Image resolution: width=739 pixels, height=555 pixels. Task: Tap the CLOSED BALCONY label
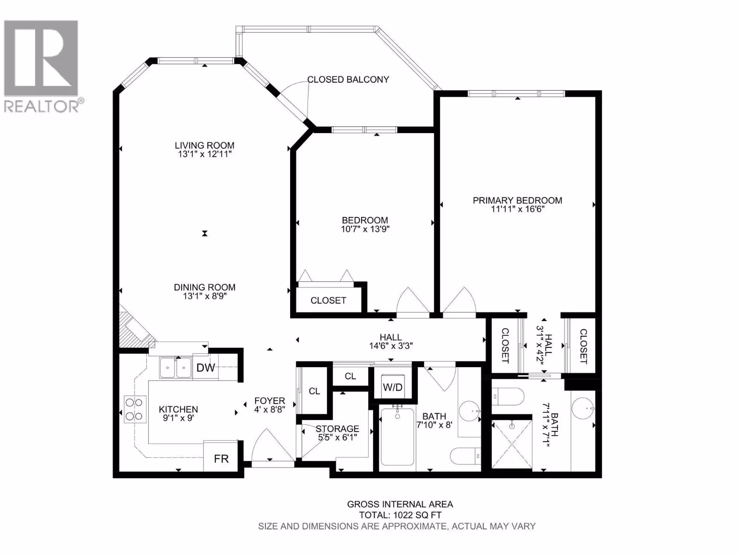point(348,80)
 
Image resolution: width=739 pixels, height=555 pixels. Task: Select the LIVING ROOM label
point(204,145)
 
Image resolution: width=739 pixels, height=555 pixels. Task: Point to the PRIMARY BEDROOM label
point(517,200)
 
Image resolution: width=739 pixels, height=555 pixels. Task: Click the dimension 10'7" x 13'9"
point(365,229)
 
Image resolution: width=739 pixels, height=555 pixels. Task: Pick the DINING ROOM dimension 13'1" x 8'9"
point(205,296)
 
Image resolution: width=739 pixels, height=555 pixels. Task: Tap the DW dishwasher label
point(206,368)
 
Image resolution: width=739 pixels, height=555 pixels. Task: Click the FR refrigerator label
point(221,459)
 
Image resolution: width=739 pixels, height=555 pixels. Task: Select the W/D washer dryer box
point(393,387)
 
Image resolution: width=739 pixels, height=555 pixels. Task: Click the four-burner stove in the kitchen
point(135,409)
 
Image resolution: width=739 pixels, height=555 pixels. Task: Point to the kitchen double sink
point(176,368)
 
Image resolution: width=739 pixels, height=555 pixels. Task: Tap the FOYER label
point(270,401)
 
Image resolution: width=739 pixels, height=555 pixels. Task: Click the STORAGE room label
point(337,429)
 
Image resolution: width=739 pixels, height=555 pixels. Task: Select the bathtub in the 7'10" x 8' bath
point(397,437)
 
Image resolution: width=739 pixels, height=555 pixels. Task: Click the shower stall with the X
point(512,444)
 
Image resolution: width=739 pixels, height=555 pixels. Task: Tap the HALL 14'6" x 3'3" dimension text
point(391,346)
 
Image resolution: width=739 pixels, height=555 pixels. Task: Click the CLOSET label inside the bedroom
point(328,300)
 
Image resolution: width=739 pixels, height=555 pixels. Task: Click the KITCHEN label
point(178,409)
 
